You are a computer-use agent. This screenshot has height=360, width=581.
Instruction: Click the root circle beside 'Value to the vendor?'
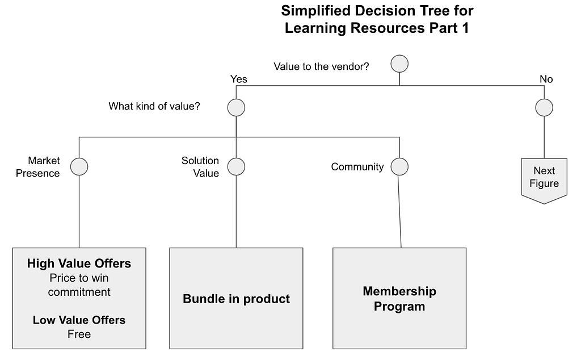(399, 64)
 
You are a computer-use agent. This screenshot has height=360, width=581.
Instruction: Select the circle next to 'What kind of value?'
(236, 107)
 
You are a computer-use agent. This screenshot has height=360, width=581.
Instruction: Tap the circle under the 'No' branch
(544, 107)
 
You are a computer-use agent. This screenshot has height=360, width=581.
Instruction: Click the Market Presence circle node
(79, 166)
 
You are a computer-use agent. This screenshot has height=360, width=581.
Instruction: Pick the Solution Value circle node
(236, 166)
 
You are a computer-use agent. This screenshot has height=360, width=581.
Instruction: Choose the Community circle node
(399, 166)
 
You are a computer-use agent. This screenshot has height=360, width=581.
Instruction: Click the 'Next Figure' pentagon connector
(544, 181)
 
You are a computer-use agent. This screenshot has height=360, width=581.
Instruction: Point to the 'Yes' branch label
(239, 79)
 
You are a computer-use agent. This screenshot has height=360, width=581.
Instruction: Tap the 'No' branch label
(546, 79)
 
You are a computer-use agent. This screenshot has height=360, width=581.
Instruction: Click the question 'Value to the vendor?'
(321, 66)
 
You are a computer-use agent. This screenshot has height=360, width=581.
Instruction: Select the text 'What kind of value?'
(154, 106)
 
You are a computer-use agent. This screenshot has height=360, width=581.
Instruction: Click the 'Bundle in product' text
(236, 299)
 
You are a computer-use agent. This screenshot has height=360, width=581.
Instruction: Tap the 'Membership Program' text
(399, 299)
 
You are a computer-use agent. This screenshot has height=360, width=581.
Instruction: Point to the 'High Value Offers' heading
(79, 263)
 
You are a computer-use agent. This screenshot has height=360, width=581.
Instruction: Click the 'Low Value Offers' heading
(79, 320)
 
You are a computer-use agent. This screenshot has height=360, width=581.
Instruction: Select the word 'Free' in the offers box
(79, 334)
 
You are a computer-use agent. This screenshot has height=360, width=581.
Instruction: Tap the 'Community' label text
(357, 167)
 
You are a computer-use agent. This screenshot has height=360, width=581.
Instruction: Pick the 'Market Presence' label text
(38, 167)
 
